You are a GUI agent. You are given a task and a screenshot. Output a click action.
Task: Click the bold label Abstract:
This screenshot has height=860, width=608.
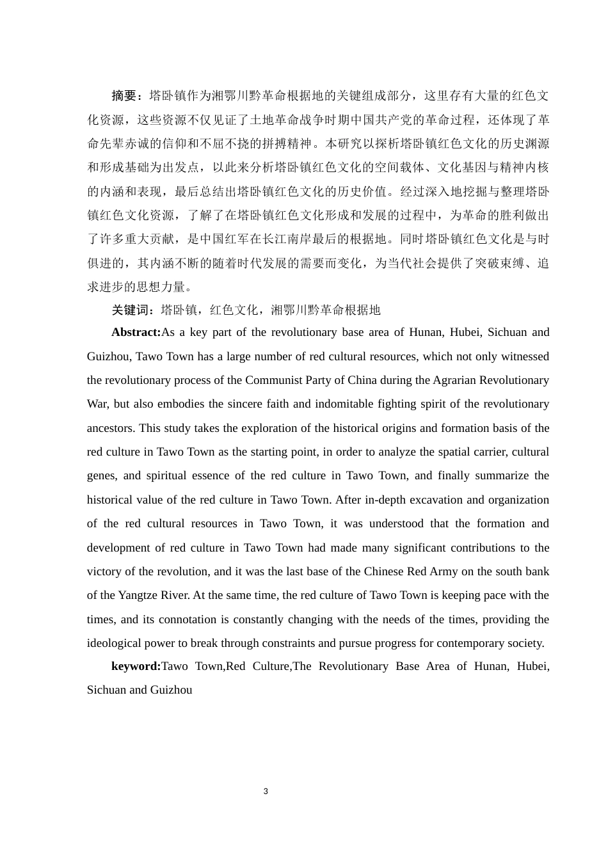pyautogui.click(x=136, y=332)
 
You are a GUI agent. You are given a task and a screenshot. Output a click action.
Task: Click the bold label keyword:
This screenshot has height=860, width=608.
pyautogui.click(x=136, y=666)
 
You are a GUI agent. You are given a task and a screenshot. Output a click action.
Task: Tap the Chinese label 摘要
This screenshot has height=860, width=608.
pyautogui.click(x=124, y=96)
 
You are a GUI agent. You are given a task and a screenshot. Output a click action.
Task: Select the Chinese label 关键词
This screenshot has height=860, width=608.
pyautogui.click(x=130, y=310)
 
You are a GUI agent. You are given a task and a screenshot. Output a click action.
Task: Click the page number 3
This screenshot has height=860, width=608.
pyautogui.click(x=266, y=792)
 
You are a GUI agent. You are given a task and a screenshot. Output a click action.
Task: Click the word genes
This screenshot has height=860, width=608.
pyautogui.click(x=102, y=475)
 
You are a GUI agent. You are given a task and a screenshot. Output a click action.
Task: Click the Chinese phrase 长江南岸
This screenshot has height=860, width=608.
pyautogui.click(x=287, y=239)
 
